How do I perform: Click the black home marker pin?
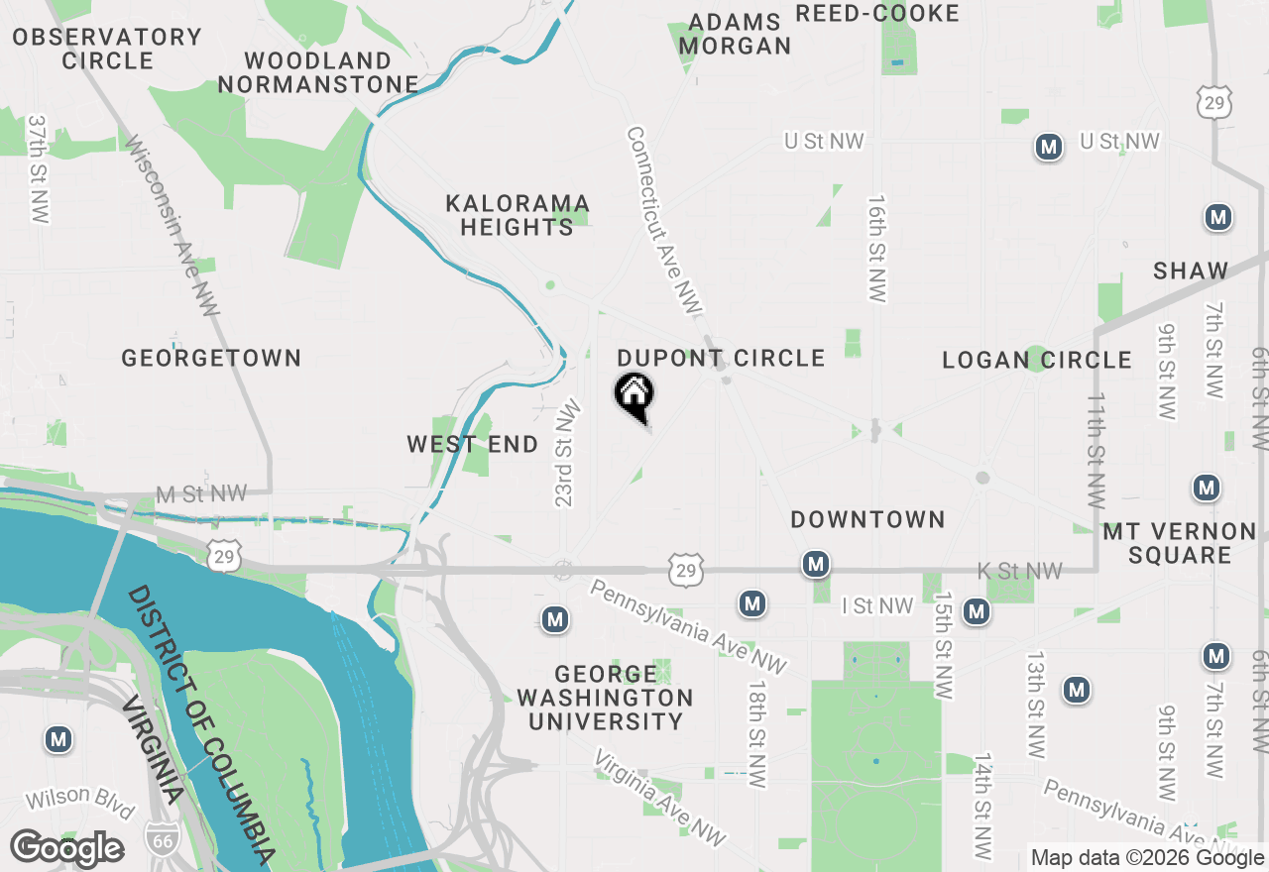click(x=634, y=395)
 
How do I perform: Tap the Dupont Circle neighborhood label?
click(x=721, y=358)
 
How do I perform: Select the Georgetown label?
click(x=211, y=358)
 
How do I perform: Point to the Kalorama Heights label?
click(x=518, y=215)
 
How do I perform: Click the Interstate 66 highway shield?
click(x=162, y=838)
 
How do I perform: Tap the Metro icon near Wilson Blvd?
click(x=58, y=739)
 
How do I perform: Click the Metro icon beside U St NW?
click(x=1048, y=148)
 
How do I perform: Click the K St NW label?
click(x=1019, y=571)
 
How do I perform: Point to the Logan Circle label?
click(x=1036, y=360)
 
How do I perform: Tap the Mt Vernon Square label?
click(x=1180, y=543)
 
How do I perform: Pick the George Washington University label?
click(x=605, y=698)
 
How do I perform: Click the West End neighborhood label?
click(x=473, y=444)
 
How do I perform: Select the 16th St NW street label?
click(x=877, y=248)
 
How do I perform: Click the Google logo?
click(x=66, y=849)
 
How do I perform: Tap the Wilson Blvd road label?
click(x=79, y=802)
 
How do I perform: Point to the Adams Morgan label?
click(x=736, y=34)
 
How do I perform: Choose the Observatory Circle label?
click(x=107, y=49)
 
